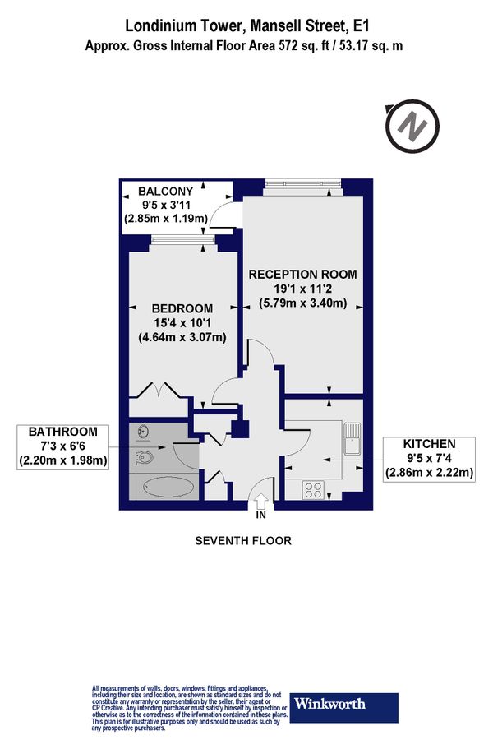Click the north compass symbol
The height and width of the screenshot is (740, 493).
[x=408, y=126]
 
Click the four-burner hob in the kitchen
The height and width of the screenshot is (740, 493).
[x=314, y=491]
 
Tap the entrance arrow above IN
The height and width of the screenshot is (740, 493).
[x=261, y=501]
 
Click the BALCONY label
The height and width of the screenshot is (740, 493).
[x=165, y=191]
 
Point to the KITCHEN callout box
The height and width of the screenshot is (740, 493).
[x=430, y=458]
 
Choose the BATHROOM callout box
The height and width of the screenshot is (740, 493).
[x=63, y=446]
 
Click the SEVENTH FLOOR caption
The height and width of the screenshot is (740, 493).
[x=242, y=540]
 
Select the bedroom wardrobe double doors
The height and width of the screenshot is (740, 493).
[x=156, y=388]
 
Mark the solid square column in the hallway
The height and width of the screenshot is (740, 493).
[x=239, y=428]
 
